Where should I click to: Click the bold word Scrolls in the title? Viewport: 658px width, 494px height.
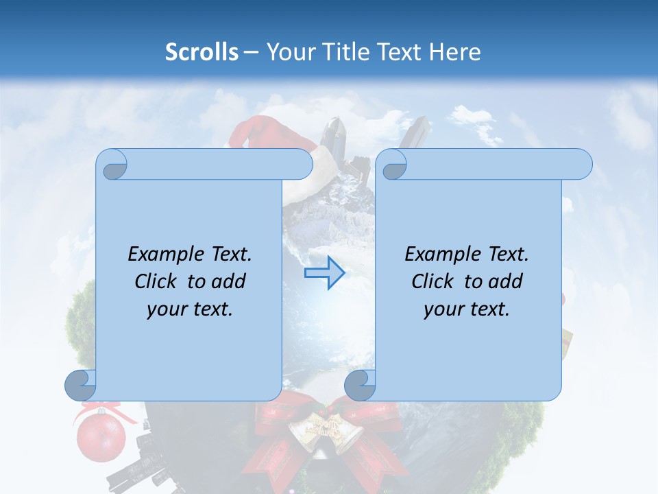pyautogui.click(x=202, y=52)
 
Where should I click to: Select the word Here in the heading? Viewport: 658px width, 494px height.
pyautogui.click(x=454, y=52)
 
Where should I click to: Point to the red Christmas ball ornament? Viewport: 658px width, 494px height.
pyautogui.click(x=101, y=436)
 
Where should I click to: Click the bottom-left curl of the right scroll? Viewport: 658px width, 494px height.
pyautogui.click(x=361, y=385)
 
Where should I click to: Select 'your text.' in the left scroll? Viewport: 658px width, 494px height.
pyautogui.click(x=190, y=309)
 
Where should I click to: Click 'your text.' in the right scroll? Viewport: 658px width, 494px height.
pyautogui.click(x=467, y=309)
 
